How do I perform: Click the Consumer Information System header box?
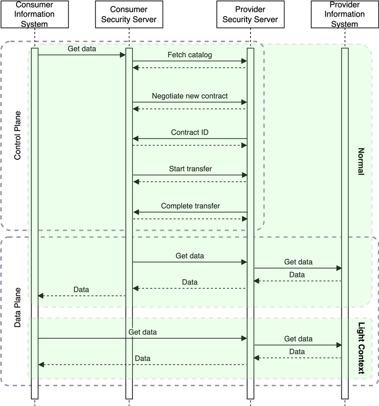point(34,15)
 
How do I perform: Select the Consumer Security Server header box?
point(129,15)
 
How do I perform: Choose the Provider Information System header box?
point(345,15)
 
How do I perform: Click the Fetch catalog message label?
point(190,54)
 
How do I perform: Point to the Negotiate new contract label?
point(190,96)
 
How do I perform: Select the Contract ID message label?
point(190,132)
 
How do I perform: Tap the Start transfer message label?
point(190,168)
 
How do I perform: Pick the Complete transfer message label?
point(190,206)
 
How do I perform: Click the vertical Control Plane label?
point(17,136)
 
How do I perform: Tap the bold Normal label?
point(361,161)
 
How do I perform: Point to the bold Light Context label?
point(361,348)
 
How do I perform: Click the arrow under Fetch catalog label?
point(190,61)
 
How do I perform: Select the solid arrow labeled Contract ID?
point(190,139)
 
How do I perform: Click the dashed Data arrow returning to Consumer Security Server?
point(190,289)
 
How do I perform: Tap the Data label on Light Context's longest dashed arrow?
point(143,358)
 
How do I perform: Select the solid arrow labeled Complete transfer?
point(190,212)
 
